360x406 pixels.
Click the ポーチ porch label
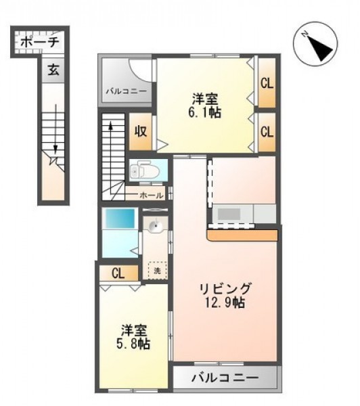tap(40, 42)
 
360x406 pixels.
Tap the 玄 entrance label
tap(53, 70)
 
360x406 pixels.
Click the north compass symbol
tap(315, 43)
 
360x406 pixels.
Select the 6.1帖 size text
tap(204, 112)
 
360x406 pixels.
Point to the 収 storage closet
tap(141, 131)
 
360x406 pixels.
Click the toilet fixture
tap(141, 170)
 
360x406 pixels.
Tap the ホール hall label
tap(152, 196)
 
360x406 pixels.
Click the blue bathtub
tap(119, 218)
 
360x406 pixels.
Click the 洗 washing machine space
tap(157, 271)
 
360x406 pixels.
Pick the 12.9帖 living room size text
tap(225, 302)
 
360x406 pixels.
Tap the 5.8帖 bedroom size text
tap(133, 344)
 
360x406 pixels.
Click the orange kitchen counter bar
tap(243, 235)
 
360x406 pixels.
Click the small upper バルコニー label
tap(127, 91)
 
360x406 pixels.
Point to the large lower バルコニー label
tap(225, 378)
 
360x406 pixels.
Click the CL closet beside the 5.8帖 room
tap(119, 273)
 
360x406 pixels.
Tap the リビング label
tap(225, 288)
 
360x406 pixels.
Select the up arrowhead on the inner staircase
tap(110, 126)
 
